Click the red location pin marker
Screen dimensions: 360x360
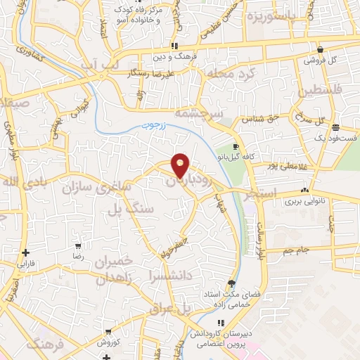click(x=181, y=165)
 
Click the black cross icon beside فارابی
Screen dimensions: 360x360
click(x=26, y=252)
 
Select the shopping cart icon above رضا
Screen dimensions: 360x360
click(x=77, y=247)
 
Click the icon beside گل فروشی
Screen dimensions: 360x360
click(x=321, y=50)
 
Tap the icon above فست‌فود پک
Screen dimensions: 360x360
click(x=336, y=128)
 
